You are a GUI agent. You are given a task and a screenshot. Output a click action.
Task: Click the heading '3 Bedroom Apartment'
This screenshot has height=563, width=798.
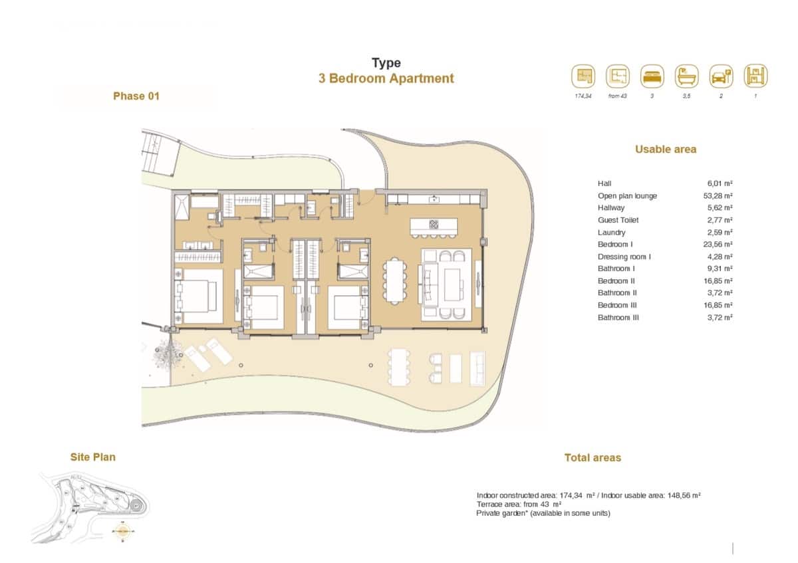click(x=386, y=78)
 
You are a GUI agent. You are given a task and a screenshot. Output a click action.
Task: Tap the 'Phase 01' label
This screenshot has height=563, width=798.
click(x=136, y=96)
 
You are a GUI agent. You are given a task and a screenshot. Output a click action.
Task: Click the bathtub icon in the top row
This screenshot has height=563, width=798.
click(x=687, y=76)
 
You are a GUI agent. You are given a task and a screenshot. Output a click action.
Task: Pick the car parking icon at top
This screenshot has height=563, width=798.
click(x=721, y=76)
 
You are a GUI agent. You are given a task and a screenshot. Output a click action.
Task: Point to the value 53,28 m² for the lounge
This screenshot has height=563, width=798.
click(x=719, y=196)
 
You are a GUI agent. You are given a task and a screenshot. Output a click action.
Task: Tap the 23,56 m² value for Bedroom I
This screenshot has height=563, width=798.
click(x=719, y=245)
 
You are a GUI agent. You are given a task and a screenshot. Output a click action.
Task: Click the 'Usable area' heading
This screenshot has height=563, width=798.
click(x=666, y=150)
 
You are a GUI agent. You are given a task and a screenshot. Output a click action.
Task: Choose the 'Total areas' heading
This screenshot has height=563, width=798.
click(x=593, y=458)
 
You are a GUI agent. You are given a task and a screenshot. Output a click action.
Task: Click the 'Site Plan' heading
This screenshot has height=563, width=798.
click(x=93, y=457)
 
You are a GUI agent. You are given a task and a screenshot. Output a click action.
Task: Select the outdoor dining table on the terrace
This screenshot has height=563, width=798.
click(x=398, y=367)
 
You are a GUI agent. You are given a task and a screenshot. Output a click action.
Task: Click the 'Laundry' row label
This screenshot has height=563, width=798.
click(x=611, y=233)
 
